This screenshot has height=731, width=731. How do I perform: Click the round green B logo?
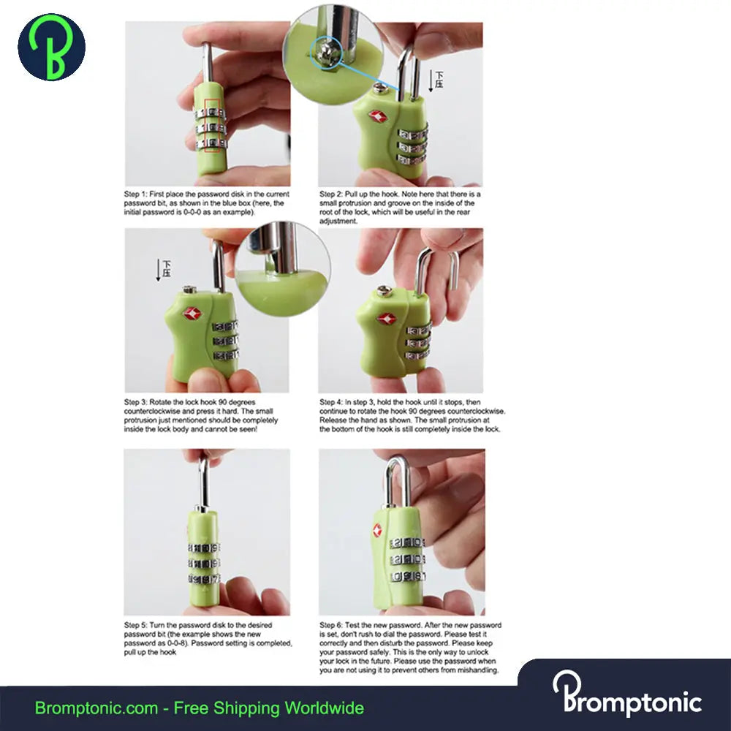point(51,47)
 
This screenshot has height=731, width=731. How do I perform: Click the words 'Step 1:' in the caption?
point(135,194)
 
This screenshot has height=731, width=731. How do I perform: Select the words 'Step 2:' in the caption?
point(331,194)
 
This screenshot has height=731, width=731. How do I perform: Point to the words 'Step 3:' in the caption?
point(135,402)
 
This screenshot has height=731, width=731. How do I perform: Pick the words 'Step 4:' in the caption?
point(331,402)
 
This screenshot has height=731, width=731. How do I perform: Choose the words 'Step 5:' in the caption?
point(135,625)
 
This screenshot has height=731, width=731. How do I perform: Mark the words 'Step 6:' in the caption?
point(331,625)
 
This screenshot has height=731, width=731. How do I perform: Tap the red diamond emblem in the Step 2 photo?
point(377,116)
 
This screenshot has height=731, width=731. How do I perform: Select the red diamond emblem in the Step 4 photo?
point(386,319)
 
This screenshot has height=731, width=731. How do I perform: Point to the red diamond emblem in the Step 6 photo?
point(376,529)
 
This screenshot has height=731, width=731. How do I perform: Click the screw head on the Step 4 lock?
point(383,291)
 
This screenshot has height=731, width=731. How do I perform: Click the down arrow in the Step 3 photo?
point(159,270)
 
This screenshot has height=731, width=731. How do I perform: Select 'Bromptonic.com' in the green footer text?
point(96,708)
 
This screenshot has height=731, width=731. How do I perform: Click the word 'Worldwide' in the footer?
point(325,708)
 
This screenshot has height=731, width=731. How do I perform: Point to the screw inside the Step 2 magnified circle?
point(325,52)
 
